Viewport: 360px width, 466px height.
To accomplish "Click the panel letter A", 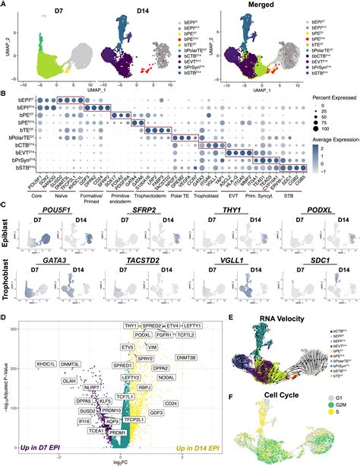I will [x=5, y=5].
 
